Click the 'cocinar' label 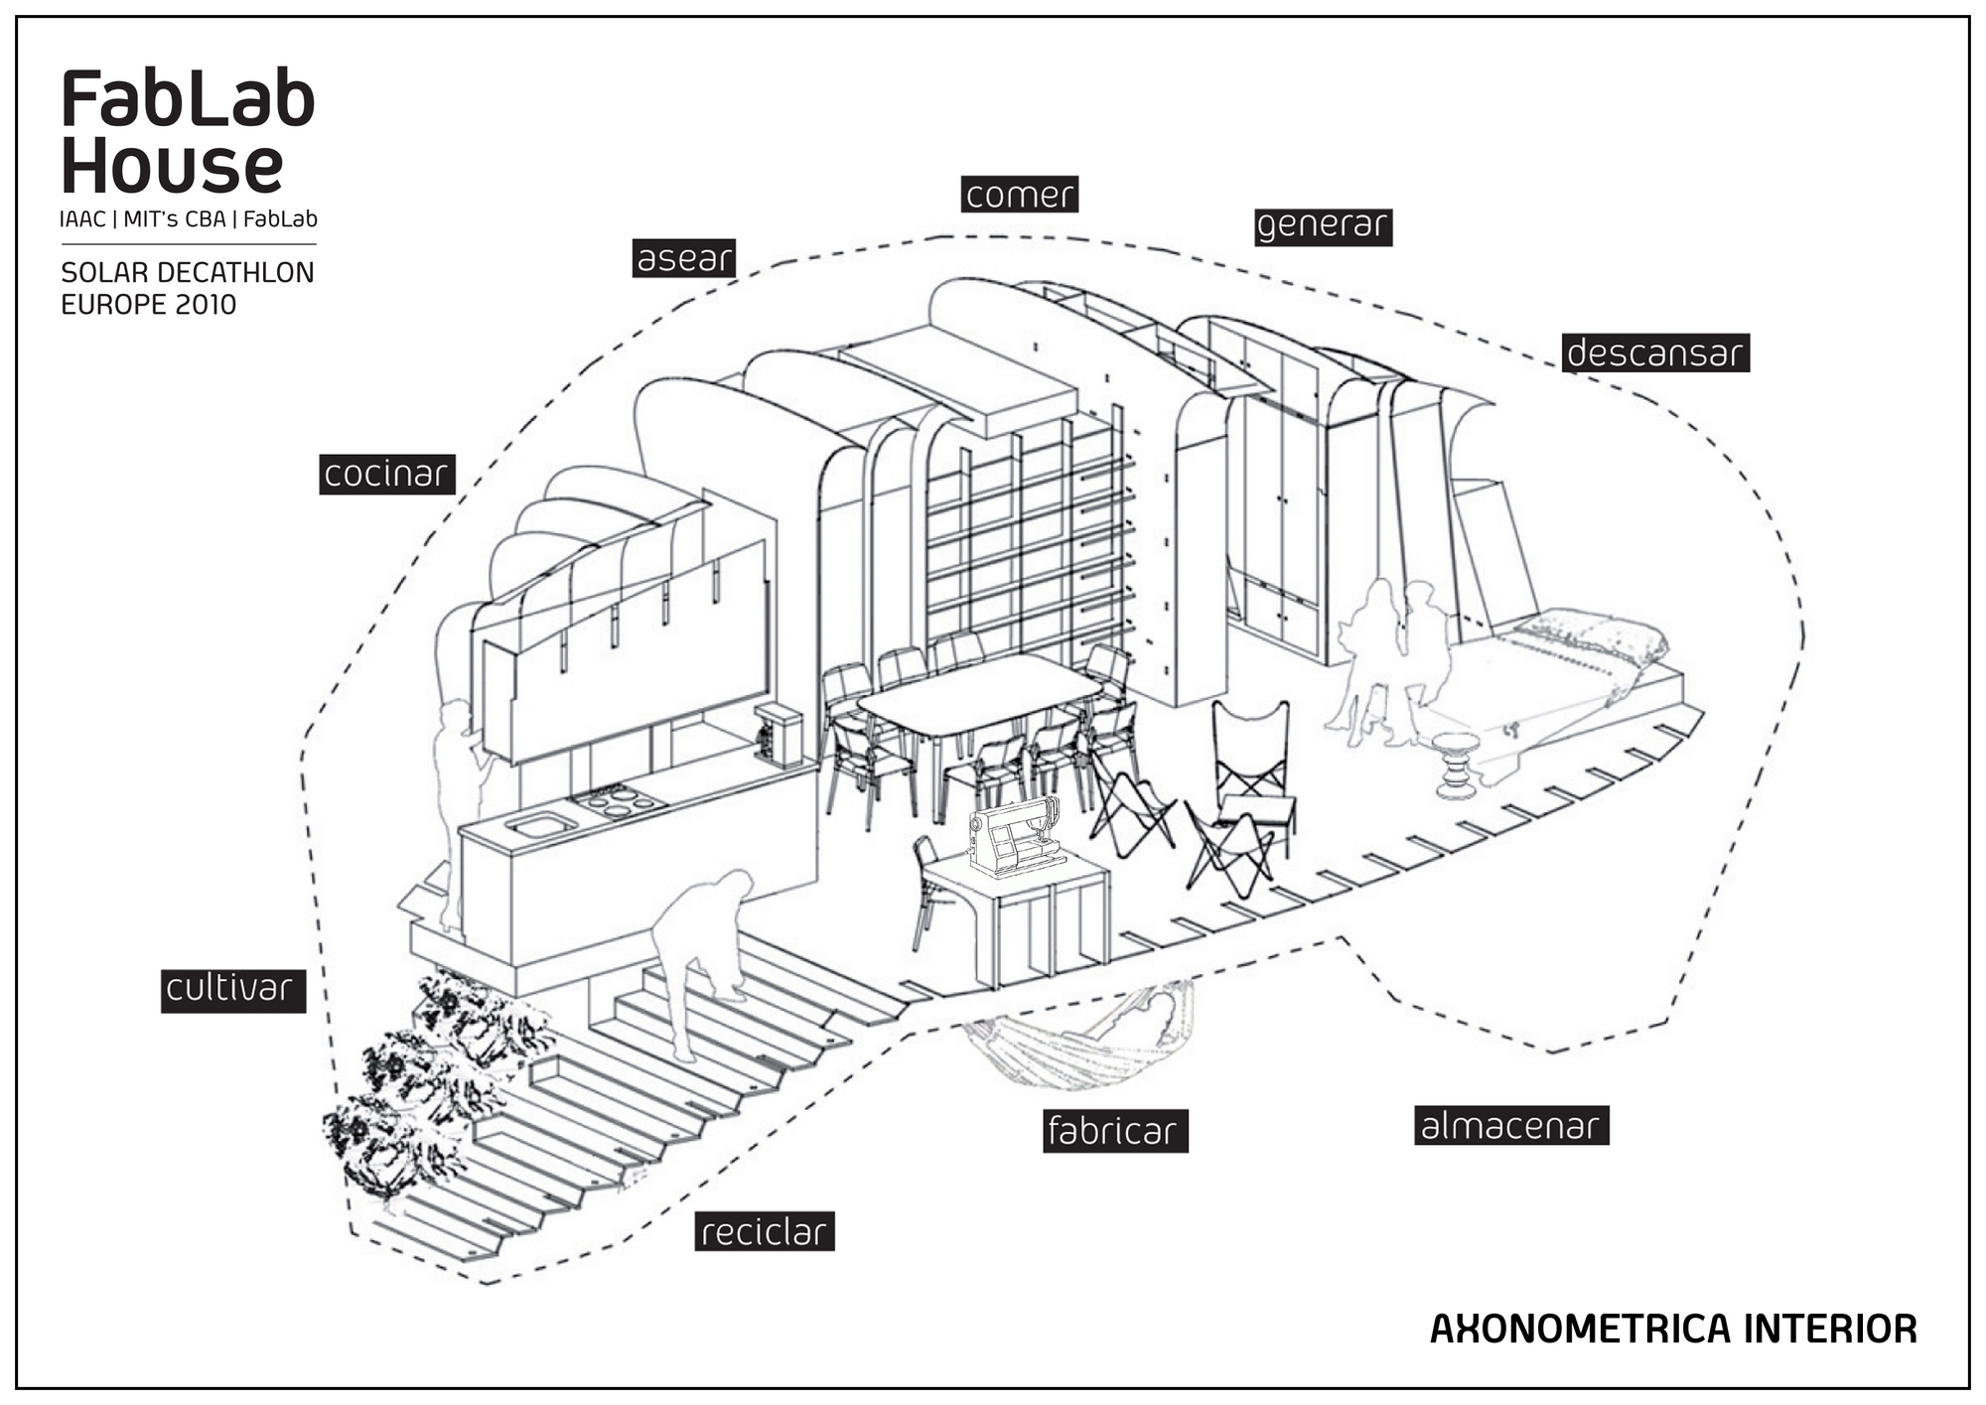(x=386, y=475)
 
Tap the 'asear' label (x=684, y=258)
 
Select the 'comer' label (x=1019, y=195)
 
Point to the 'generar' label (x=1322, y=226)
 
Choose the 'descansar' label (x=1655, y=353)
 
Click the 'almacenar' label (x=1510, y=1126)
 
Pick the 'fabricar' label (x=1114, y=1131)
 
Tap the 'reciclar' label (x=764, y=1232)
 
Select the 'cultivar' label (x=232, y=990)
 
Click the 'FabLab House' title (x=187, y=131)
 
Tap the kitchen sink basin (x=540, y=824)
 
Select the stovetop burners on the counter (x=613, y=799)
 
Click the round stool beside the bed (x=1457, y=766)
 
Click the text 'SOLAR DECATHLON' (x=188, y=273)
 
